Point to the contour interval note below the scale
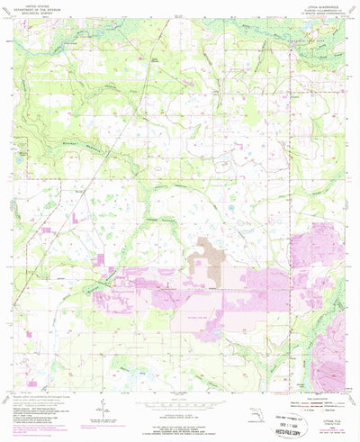(x=179, y=410)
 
